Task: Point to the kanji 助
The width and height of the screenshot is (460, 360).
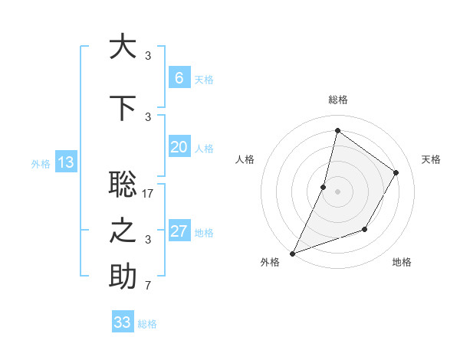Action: click(x=123, y=277)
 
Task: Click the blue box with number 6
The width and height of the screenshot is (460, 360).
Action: click(x=179, y=78)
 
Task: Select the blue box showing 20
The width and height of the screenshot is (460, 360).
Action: click(x=179, y=147)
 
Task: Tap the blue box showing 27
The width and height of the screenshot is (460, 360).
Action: click(x=179, y=231)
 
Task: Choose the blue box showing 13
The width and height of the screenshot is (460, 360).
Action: click(x=65, y=162)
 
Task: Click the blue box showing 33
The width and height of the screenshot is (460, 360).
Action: click(x=123, y=322)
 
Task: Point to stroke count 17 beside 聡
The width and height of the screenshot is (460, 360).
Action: click(x=149, y=194)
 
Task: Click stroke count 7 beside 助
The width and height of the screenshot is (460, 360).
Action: click(x=148, y=286)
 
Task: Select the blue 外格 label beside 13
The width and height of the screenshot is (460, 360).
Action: click(x=41, y=163)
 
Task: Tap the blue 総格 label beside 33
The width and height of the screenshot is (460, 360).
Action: click(x=147, y=324)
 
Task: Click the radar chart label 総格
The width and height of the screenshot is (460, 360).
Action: click(x=337, y=100)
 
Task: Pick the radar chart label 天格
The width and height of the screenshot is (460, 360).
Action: click(x=431, y=159)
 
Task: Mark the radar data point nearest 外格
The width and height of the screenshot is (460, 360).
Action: click(x=292, y=254)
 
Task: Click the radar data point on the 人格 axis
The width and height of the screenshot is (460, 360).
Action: click(x=324, y=187)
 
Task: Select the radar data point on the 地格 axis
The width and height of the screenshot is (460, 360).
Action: click(x=365, y=229)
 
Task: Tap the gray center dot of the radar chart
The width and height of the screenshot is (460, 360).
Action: click(x=337, y=191)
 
